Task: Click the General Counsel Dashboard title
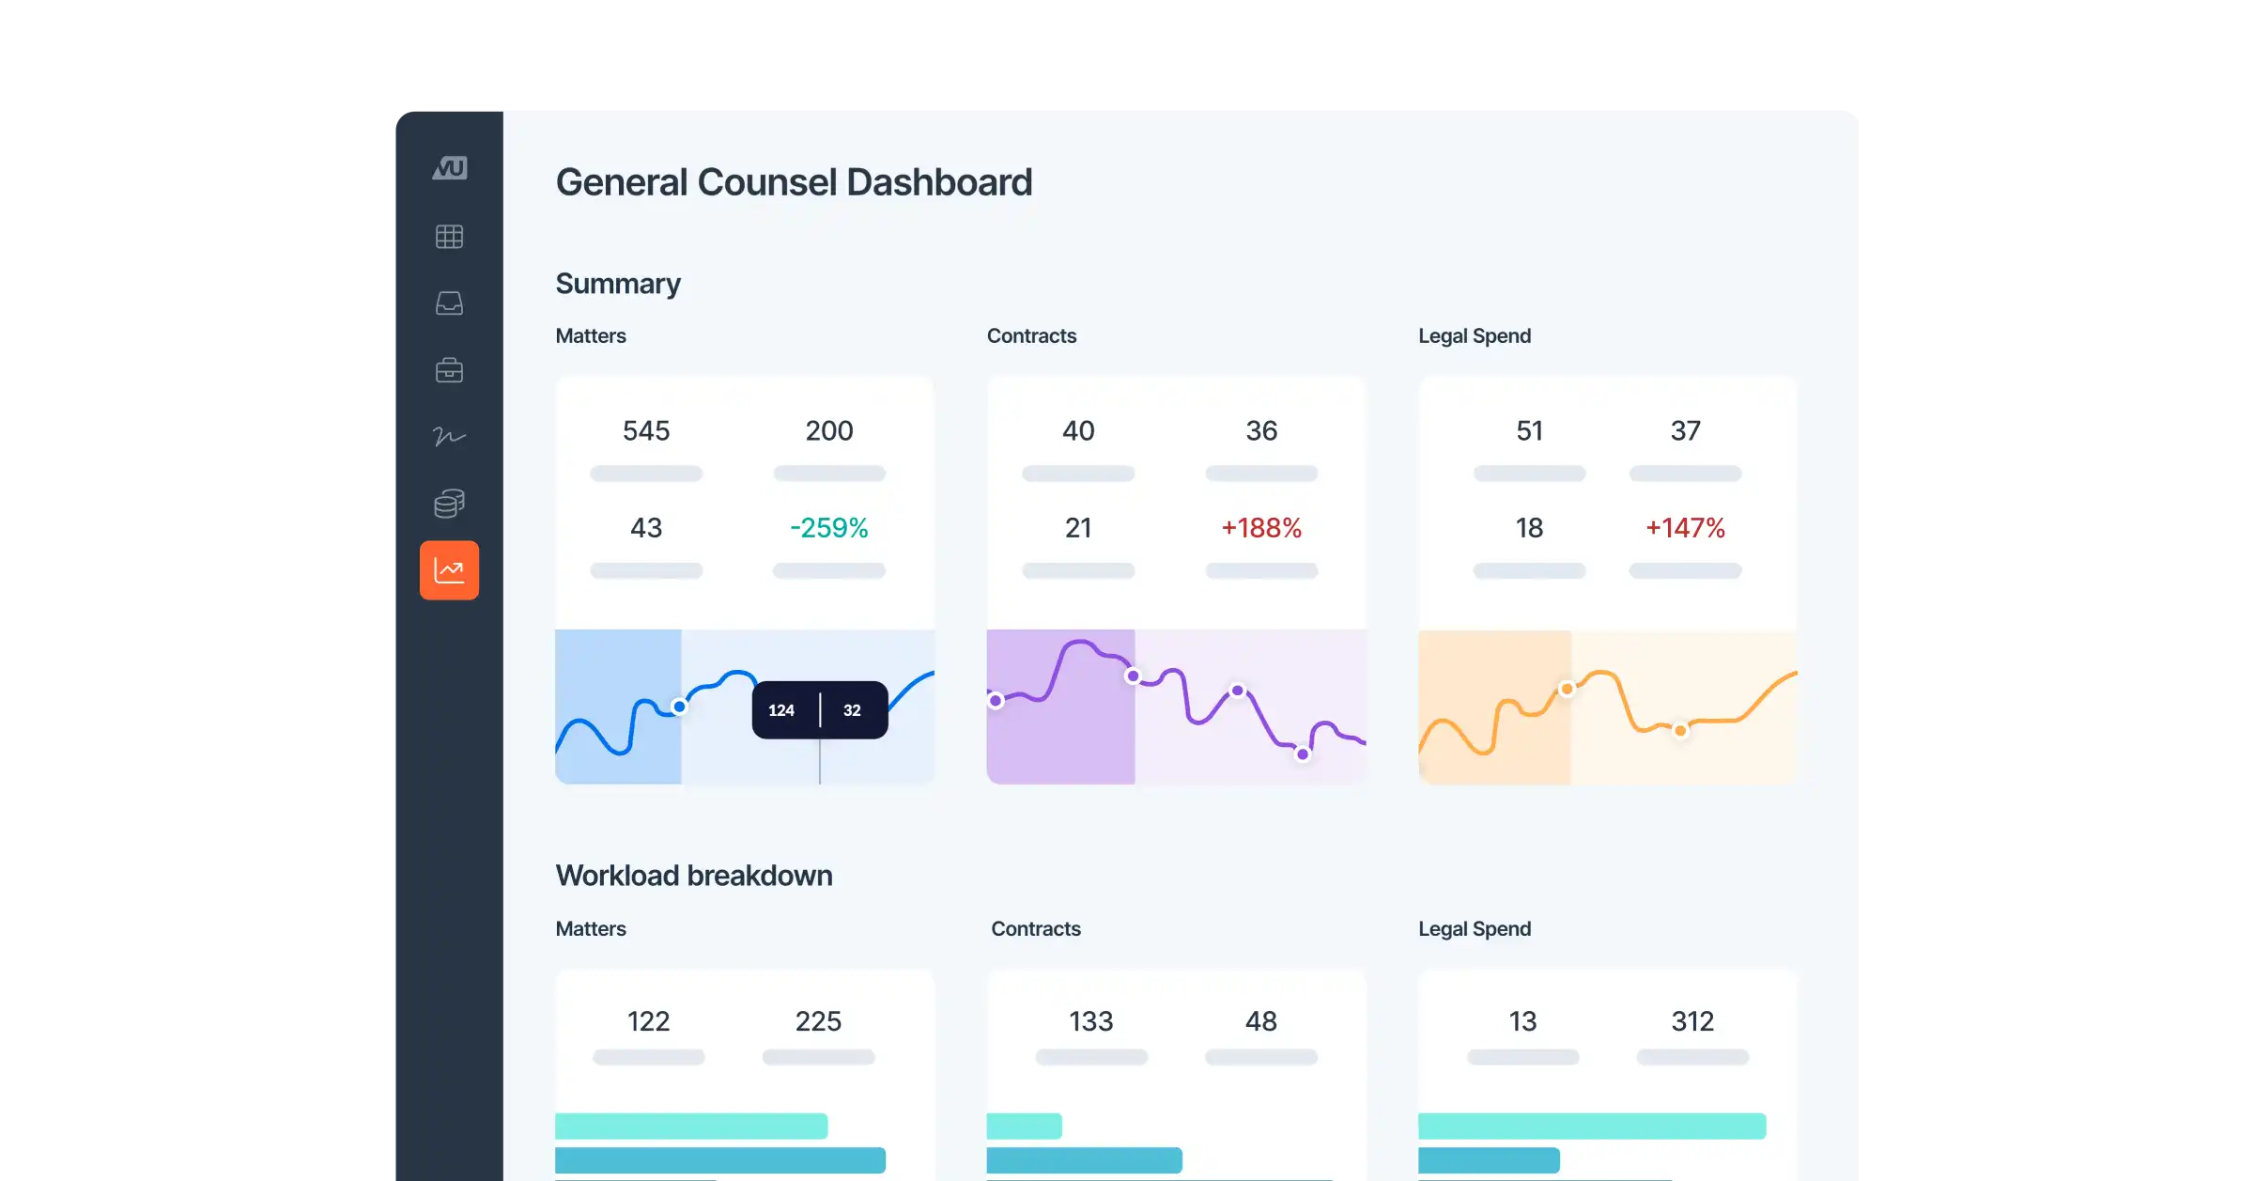point(794,182)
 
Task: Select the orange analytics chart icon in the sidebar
point(449,570)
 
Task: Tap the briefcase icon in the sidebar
point(449,370)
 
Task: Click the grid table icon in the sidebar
point(449,237)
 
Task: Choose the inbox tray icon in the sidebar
point(449,303)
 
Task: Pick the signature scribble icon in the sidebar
point(449,436)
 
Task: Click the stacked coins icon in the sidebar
point(449,504)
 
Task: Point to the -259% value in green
point(828,528)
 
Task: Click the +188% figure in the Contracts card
point(1260,528)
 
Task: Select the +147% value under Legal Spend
point(1685,528)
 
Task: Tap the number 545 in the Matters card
point(646,430)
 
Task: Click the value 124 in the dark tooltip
point(781,710)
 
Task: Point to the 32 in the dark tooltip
point(852,710)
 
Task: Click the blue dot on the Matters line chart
point(679,707)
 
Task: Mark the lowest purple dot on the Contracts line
point(1303,754)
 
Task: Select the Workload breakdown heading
point(694,876)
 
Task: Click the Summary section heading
point(618,284)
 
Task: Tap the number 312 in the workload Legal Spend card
point(1692,1021)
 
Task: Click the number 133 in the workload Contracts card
point(1090,1021)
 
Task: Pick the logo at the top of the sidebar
point(449,168)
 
